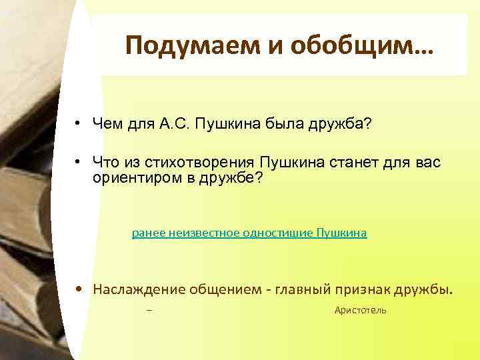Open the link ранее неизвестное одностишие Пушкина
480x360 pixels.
coord(249,233)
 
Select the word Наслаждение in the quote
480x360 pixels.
coord(139,289)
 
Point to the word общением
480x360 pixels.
coord(223,289)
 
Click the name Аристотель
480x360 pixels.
coord(360,311)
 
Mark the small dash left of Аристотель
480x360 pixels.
coord(149,311)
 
